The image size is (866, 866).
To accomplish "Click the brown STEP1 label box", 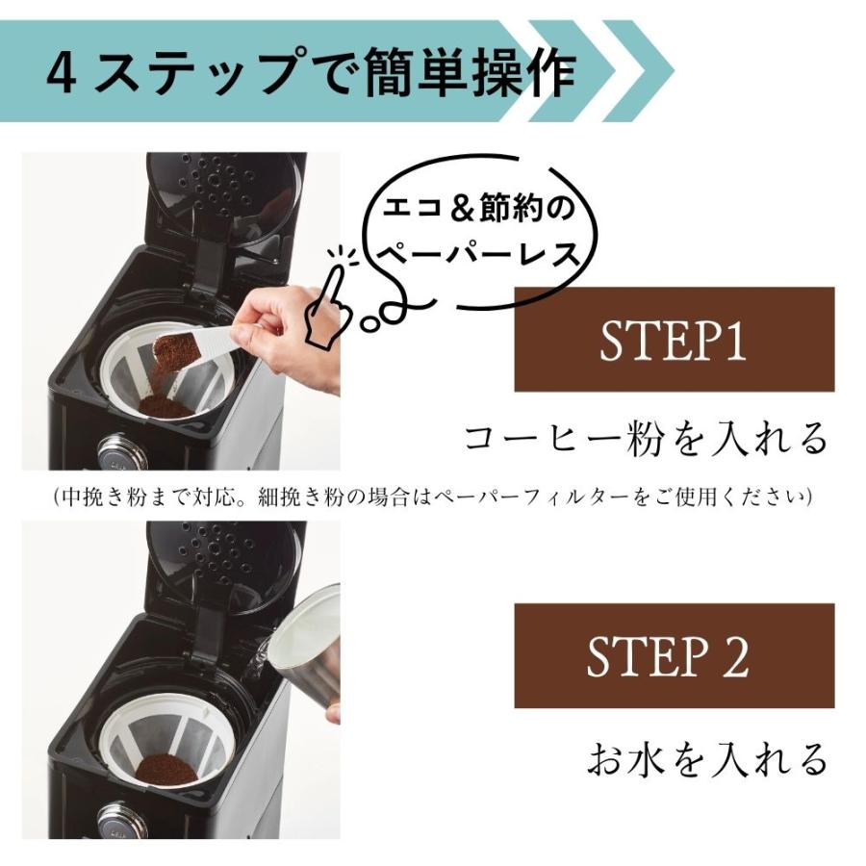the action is (674, 339).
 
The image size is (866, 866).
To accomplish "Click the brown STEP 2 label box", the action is (674, 655).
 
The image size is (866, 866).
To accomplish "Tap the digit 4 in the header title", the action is (62, 72).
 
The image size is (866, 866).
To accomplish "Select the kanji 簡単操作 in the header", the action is (470, 72).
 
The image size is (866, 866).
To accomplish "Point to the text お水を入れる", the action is (707, 758).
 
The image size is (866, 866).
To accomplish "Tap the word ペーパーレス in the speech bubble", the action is (476, 255).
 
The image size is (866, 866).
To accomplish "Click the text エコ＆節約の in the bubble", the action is (478, 209).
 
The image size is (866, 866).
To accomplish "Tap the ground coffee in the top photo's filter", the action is (166, 406).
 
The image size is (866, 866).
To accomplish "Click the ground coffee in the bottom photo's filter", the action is (166, 769).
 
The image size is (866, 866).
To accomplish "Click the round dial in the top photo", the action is (122, 451).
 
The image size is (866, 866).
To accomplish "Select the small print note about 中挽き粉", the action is (433, 497).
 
